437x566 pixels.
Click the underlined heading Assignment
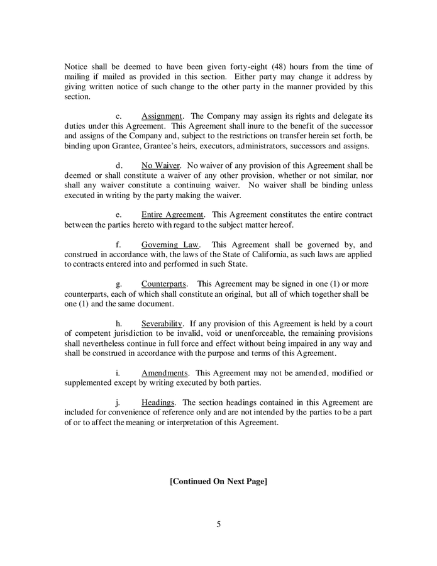(x=162, y=116)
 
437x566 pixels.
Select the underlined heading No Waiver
(x=160, y=165)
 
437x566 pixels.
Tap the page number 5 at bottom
(x=219, y=524)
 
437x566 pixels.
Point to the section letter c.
(x=118, y=116)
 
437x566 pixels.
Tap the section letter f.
(x=118, y=244)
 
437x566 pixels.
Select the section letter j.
(x=118, y=402)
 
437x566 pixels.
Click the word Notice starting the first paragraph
(x=77, y=67)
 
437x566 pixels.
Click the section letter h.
(x=118, y=323)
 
